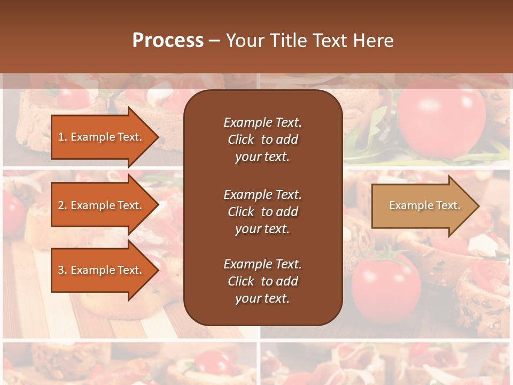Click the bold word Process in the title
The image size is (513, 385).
168,41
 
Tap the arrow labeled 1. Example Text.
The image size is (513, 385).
102,137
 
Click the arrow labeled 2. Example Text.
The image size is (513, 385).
102,205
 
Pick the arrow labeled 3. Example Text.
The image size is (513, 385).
102,270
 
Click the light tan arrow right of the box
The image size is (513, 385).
422,205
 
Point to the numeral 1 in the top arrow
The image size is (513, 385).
60,137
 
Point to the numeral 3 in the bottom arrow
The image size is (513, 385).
61,270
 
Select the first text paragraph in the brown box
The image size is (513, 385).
262,139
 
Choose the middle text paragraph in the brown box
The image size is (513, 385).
262,211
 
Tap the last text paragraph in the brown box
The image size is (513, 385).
262,281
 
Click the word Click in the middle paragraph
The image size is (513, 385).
240,212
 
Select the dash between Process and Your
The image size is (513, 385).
214,41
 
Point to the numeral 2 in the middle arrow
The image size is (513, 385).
61,205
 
